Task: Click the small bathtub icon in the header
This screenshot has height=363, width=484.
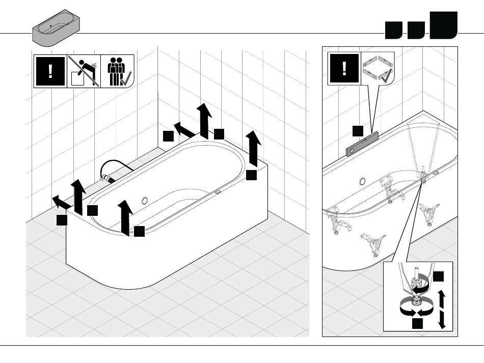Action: click(x=55, y=28)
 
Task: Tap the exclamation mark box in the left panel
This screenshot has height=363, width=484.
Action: click(x=50, y=72)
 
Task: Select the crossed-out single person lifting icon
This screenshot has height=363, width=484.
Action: click(x=84, y=72)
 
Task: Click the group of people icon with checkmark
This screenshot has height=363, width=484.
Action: click(x=117, y=72)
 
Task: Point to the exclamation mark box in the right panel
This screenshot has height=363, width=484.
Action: click(x=344, y=68)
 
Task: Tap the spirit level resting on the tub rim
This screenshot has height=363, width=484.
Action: click(x=363, y=143)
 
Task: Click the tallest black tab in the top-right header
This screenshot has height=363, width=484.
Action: click(x=443, y=25)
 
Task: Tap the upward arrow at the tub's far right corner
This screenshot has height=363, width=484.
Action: click(x=253, y=148)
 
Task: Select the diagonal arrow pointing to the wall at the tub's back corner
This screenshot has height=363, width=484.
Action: click(x=184, y=129)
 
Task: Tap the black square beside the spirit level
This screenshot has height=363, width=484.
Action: click(x=358, y=130)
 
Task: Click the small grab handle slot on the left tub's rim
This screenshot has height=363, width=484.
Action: click(x=218, y=192)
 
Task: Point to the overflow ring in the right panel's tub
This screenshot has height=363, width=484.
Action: click(x=362, y=182)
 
